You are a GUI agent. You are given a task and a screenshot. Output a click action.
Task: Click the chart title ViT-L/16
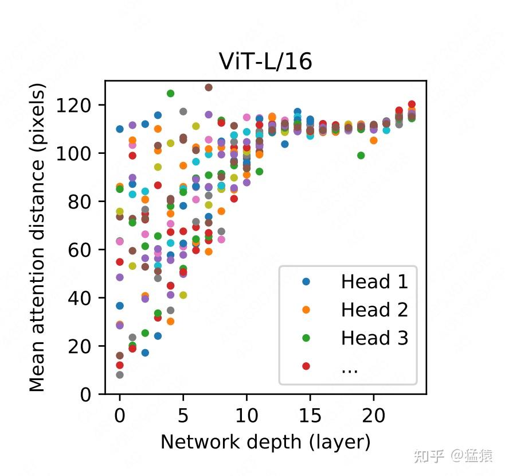[x=265, y=61]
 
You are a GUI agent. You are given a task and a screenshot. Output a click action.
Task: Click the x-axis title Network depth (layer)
[x=265, y=442]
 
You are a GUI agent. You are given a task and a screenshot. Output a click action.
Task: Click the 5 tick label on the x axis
[x=183, y=415]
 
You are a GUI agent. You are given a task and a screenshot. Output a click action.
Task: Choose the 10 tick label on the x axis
[x=246, y=415]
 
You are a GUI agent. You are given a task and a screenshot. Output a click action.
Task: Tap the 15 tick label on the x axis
[x=310, y=415]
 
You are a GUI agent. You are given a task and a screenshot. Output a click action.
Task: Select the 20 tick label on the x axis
[x=374, y=415]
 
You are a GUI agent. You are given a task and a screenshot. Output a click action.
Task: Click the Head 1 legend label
[x=374, y=282]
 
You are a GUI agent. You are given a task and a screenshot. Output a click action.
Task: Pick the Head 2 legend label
[x=374, y=310]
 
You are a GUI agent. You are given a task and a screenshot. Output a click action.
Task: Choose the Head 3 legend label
[x=374, y=338]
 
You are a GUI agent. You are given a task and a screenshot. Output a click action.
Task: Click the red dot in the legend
[x=306, y=366]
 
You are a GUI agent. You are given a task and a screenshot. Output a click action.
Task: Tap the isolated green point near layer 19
[x=361, y=155]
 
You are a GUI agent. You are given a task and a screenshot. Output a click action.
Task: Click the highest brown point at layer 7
[x=209, y=87]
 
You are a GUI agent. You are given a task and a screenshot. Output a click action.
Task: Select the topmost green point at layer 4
[x=170, y=93]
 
